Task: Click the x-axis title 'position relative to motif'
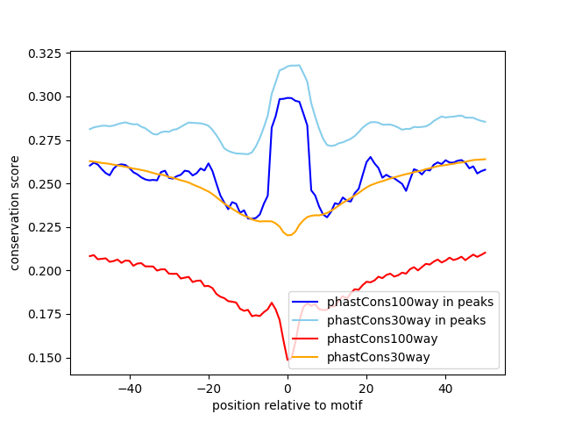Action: pyautogui.click(x=287, y=405)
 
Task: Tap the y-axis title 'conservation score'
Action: pyautogui.click(x=15, y=214)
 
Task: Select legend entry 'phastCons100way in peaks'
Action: pyautogui.click(x=416, y=302)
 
